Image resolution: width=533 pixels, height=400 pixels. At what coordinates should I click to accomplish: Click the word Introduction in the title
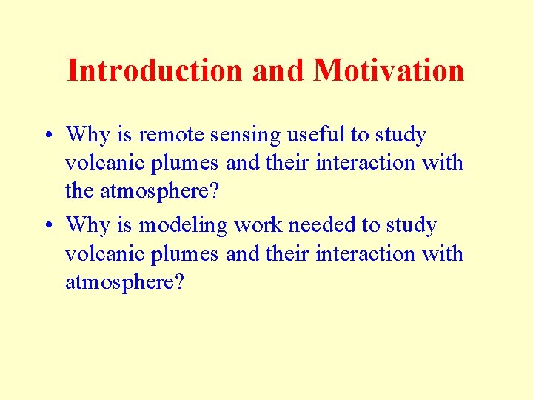pos(155,70)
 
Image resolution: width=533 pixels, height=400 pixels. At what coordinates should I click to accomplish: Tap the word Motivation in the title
pos(389,70)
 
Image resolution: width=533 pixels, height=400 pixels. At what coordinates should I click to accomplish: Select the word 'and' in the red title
pos(278,70)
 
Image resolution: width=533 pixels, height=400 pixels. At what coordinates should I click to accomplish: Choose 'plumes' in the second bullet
pos(186,254)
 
